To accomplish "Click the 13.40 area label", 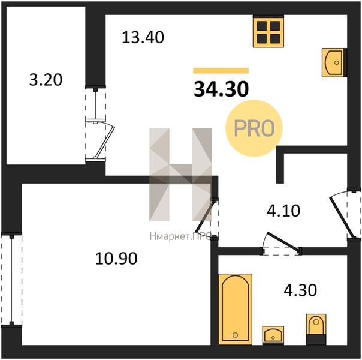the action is [143, 37].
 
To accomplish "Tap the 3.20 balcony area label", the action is [46, 80].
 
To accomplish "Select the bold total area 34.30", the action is [221, 89].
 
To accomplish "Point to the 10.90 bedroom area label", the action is [116, 259].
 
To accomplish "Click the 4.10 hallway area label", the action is [283, 211].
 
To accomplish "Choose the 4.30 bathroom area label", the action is [300, 290].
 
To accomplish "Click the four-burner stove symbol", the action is [269, 32].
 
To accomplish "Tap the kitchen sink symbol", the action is [333, 62].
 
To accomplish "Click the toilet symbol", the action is [316, 329].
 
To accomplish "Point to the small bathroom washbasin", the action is [273, 335].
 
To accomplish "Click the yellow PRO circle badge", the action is [254, 128].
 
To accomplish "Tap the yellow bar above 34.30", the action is [221, 70].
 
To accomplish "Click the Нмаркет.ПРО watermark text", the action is [180, 236].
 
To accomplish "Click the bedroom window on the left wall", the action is [11, 280].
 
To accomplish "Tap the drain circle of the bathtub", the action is [236, 335].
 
